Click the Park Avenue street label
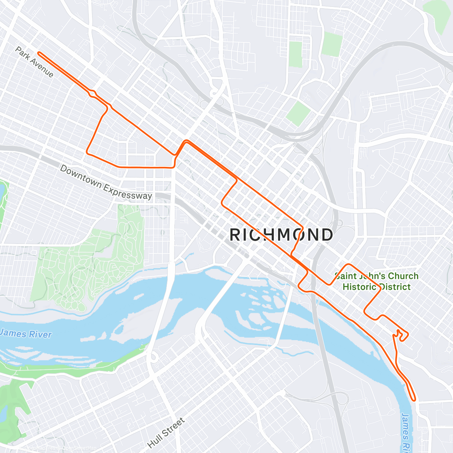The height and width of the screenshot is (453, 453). pyautogui.click(x=34, y=62)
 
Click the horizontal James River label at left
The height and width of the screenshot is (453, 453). pyautogui.click(x=26, y=334)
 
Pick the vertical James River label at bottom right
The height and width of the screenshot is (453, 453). pyautogui.click(x=405, y=432)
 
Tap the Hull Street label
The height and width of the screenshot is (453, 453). pyautogui.click(x=166, y=433)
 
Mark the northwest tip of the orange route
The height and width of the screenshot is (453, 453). pyautogui.click(x=39, y=54)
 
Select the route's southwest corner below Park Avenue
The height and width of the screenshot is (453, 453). pyautogui.click(x=88, y=153)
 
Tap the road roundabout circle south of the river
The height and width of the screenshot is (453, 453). pyautogui.click(x=153, y=357)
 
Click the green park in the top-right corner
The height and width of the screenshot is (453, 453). pyautogui.click(x=438, y=15)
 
